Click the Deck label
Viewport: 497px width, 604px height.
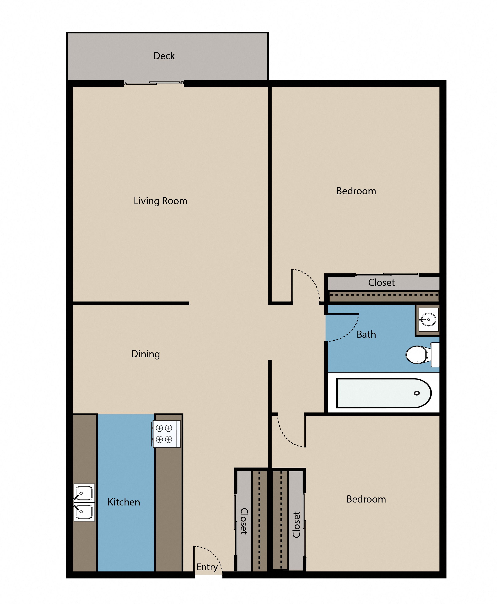(x=164, y=56)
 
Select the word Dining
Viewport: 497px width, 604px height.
(x=145, y=354)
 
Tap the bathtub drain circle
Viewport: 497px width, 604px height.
(x=417, y=393)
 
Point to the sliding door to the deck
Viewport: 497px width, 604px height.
(x=154, y=83)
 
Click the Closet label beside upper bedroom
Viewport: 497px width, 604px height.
(x=381, y=283)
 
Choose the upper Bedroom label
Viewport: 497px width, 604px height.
(x=356, y=191)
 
